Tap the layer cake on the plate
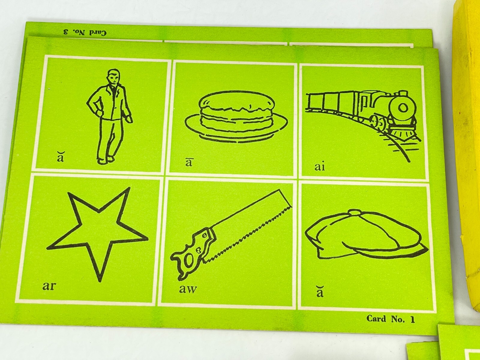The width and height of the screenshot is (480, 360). tap(235, 117)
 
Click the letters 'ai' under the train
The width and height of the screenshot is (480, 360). tap(320, 167)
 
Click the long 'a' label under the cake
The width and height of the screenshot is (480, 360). tap(188, 163)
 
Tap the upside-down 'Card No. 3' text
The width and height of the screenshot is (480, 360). tap(85, 33)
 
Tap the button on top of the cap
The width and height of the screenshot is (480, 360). tap(355, 212)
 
